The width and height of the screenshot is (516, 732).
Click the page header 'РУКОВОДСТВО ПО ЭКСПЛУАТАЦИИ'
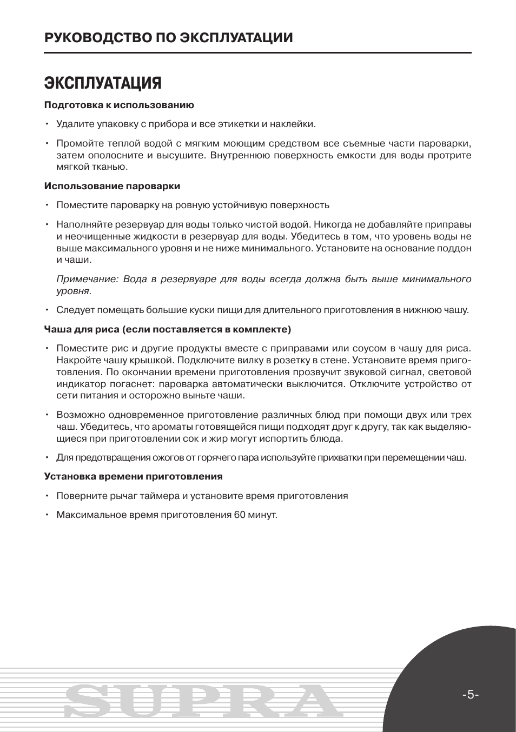[169, 38]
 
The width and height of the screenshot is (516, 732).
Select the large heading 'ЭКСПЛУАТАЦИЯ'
[103, 83]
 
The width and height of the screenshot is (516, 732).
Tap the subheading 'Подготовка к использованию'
[119, 105]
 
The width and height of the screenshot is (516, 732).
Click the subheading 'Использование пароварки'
[112, 186]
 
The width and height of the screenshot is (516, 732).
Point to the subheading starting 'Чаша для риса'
[168, 329]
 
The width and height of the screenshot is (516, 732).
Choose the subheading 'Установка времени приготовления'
[133, 476]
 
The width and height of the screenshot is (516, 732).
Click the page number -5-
[470, 695]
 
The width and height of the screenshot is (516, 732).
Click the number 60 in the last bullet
[240, 515]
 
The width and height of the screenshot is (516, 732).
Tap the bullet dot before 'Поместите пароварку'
[48, 205]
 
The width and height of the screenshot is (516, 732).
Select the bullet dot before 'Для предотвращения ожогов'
[48, 457]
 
